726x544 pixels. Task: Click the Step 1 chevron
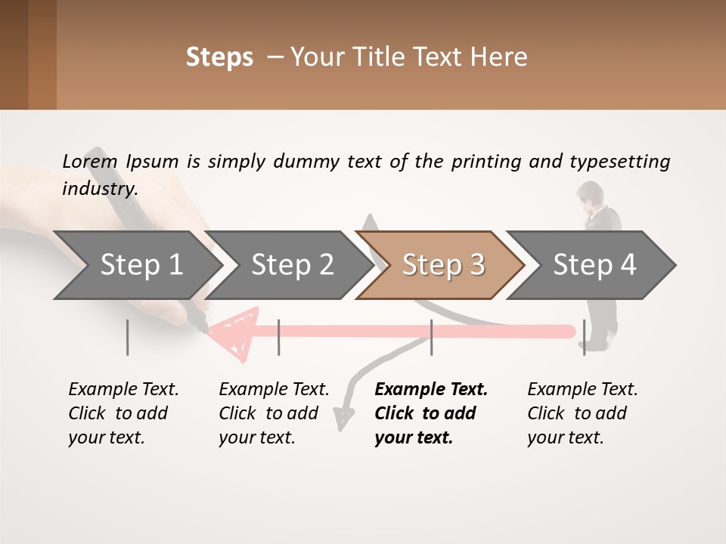coord(141,265)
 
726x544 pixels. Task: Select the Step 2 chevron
coord(292,265)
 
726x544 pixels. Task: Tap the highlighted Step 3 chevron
coord(443,265)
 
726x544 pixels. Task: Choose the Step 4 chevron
coord(594,265)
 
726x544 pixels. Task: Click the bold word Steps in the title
coord(219,57)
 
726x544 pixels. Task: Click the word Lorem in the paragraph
coord(90,161)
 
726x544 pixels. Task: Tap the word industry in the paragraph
coord(99,189)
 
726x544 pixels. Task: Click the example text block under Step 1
coord(123,413)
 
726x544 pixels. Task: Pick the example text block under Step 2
coord(274,413)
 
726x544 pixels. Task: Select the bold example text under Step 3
coord(431,413)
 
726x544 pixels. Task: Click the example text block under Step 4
coord(582,413)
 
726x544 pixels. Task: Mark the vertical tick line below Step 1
coord(128,337)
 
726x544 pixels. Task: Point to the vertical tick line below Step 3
coord(431,337)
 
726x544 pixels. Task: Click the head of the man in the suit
coord(587,194)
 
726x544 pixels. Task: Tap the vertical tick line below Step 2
coord(279,337)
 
